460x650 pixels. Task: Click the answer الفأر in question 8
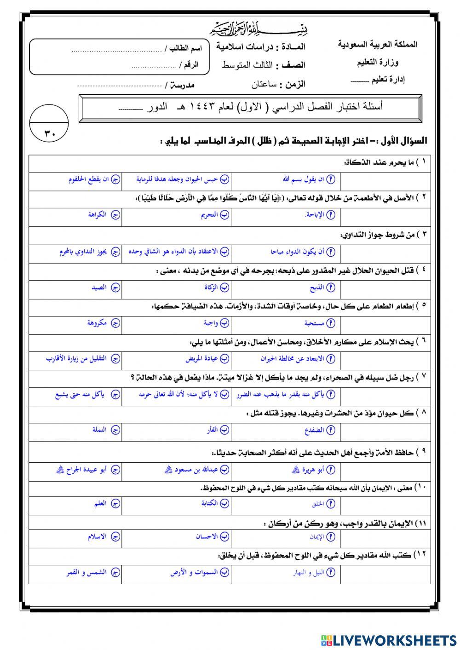[x=212, y=430]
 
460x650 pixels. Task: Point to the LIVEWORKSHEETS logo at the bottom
[x=389, y=640]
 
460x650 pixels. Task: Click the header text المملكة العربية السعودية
[x=377, y=45]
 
